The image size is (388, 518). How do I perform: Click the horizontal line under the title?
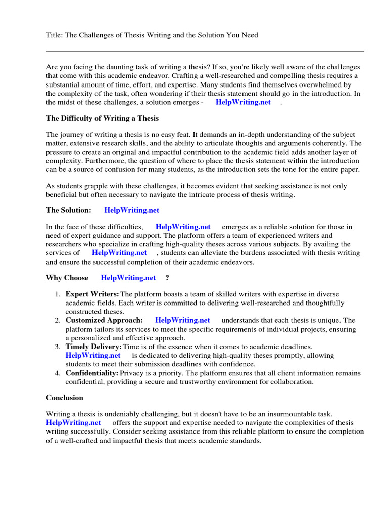click(205, 51)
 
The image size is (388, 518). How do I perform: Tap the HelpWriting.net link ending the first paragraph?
click(243, 102)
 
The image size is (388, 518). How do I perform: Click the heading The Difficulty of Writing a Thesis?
click(102, 118)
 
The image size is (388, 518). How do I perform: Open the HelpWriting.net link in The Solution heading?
click(131, 210)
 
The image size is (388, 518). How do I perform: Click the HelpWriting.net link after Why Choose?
click(128, 278)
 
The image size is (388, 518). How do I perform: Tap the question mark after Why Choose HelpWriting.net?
click(167, 278)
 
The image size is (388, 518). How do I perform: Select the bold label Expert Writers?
click(92, 294)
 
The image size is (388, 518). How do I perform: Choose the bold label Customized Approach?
click(104, 320)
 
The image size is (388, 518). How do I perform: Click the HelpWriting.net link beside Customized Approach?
click(182, 320)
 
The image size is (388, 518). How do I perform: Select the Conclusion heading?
click(65, 398)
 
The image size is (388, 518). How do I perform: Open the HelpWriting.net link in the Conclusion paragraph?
click(73, 422)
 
